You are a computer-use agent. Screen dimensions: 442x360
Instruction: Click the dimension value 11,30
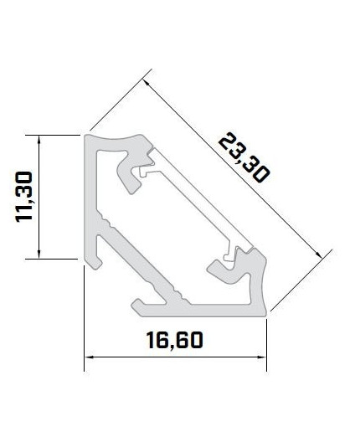point(23,196)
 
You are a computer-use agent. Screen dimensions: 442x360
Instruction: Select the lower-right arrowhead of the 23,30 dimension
point(321,254)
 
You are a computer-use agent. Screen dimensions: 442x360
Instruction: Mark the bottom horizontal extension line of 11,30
point(54,260)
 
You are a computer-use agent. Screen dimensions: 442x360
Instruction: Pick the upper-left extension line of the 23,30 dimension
point(117,105)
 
